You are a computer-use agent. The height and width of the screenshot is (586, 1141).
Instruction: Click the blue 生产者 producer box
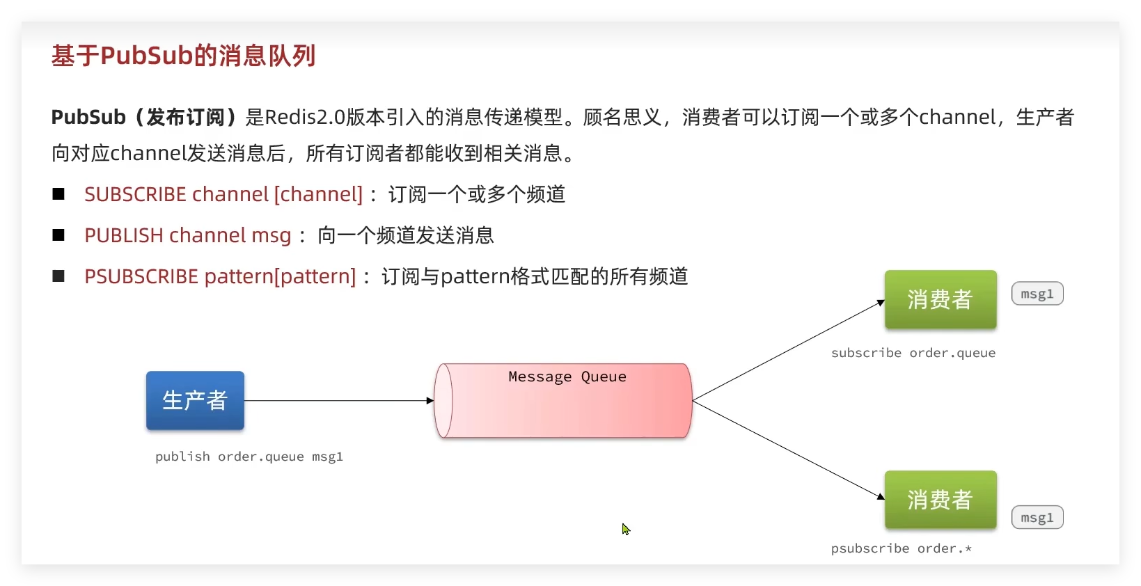195,400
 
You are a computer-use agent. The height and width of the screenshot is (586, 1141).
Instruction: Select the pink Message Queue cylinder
562,411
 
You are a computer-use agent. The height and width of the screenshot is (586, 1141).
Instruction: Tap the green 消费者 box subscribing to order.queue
940,299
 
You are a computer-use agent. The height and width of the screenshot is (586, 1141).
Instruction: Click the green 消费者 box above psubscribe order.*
940,500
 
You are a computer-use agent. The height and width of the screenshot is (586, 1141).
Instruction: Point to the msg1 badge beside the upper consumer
1037,294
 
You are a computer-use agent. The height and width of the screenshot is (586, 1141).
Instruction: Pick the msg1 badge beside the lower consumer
1037,517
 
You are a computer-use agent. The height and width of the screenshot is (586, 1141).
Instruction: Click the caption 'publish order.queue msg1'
249,457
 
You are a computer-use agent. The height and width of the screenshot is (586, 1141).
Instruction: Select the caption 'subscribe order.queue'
913,353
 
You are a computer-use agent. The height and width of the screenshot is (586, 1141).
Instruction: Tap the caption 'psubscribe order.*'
901,548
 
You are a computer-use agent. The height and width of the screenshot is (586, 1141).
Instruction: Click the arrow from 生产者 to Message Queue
338,401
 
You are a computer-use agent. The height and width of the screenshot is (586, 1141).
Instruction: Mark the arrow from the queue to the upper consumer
787,351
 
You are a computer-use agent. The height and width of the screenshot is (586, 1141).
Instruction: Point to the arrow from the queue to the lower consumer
787,450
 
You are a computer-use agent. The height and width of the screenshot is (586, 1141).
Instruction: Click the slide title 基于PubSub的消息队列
183,56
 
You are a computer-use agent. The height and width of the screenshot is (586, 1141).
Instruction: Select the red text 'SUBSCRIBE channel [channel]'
223,194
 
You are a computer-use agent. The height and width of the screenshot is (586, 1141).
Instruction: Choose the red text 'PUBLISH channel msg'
187,235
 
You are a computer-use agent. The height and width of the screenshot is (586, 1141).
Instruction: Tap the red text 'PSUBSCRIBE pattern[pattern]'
220,276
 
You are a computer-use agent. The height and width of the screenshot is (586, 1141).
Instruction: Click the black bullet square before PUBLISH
58,235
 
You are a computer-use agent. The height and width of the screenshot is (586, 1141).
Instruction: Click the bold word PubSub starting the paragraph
88,117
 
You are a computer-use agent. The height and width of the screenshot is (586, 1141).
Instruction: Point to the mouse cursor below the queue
625,529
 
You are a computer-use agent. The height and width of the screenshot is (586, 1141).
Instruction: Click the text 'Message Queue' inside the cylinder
567,377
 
